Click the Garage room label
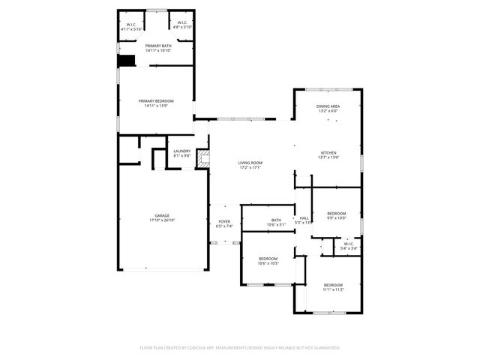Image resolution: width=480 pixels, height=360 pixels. (x=162, y=215)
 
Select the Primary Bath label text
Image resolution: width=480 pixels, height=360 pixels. (x=159, y=46)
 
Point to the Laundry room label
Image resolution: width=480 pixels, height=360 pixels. (x=181, y=151)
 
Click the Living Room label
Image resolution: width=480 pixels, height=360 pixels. (x=250, y=163)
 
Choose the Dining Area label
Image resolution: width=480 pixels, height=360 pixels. (x=328, y=106)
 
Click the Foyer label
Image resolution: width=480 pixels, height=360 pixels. (x=224, y=222)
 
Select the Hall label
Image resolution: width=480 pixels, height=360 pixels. (x=304, y=218)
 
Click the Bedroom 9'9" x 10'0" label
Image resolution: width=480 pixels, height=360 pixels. (x=336, y=213)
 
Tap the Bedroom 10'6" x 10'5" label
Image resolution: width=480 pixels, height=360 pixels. (x=268, y=259)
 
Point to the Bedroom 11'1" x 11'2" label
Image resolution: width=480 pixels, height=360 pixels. (x=333, y=285)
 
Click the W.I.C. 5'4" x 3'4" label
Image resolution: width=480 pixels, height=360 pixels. (x=349, y=244)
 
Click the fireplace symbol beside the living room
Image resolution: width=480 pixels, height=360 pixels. (x=202, y=159)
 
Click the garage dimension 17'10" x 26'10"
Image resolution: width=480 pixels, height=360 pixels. (x=162, y=220)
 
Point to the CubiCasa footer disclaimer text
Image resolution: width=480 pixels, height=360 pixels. (x=240, y=347)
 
